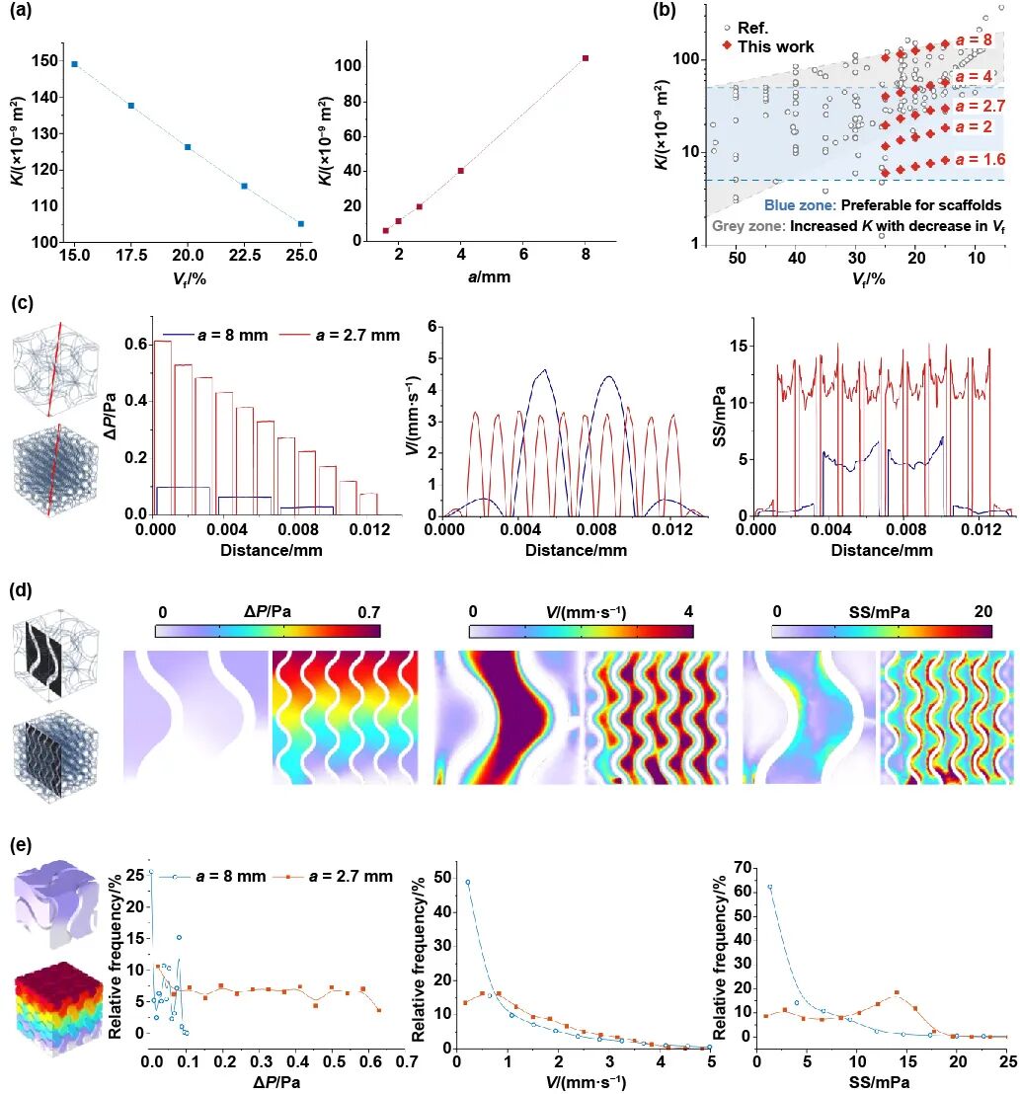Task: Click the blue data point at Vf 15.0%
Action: click(75, 64)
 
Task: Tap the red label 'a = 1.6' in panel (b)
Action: click(981, 159)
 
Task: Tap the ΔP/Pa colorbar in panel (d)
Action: click(268, 630)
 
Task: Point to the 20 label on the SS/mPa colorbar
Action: click(982, 611)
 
